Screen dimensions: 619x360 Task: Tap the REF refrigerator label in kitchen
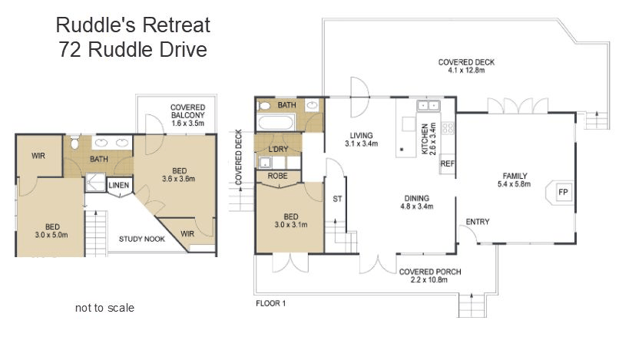(x=447, y=163)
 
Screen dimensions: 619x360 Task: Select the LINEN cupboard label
(x=118, y=185)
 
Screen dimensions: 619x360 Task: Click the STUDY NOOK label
(x=142, y=239)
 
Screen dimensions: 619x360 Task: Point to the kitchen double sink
(x=429, y=105)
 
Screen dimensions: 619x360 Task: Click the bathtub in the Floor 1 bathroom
(x=276, y=122)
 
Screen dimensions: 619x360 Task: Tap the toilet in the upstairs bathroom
(x=74, y=142)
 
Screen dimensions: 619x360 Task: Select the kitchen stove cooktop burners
(x=448, y=127)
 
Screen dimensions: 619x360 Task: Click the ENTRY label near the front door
(x=477, y=222)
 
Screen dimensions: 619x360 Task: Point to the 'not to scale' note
(x=104, y=308)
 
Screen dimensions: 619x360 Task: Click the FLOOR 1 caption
(x=270, y=303)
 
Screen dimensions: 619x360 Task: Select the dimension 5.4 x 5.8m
(x=514, y=183)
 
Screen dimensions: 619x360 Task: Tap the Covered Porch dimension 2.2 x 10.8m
(x=429, y=280)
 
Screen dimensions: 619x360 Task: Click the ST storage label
(x=337, y=199)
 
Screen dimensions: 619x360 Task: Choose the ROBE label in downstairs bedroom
(x=277, y=176)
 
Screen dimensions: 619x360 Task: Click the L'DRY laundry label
(x=278, y=149)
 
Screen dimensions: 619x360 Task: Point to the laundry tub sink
(x=265, y=163)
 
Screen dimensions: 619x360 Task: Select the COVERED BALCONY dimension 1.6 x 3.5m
(x=187, y=123)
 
